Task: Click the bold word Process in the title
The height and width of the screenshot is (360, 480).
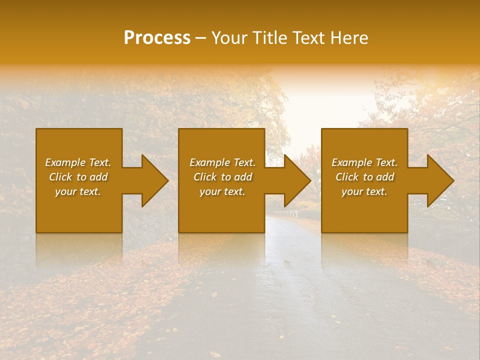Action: [157, 38]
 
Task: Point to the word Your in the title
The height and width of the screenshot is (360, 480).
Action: [229, 38]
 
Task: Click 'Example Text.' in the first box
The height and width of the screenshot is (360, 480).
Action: [78, 162]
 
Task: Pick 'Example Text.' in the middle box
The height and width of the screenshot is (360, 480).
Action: [222, 162]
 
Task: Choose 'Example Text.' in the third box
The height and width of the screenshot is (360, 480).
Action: [364, 162]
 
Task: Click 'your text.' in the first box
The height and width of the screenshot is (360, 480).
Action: [78, 191]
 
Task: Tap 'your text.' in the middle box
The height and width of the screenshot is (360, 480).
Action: [222, 191]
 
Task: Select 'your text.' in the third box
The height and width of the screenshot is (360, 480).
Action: [364, 191]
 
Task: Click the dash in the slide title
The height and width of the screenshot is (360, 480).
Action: [201, 38]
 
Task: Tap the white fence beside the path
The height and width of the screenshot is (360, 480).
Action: [287, 213]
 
